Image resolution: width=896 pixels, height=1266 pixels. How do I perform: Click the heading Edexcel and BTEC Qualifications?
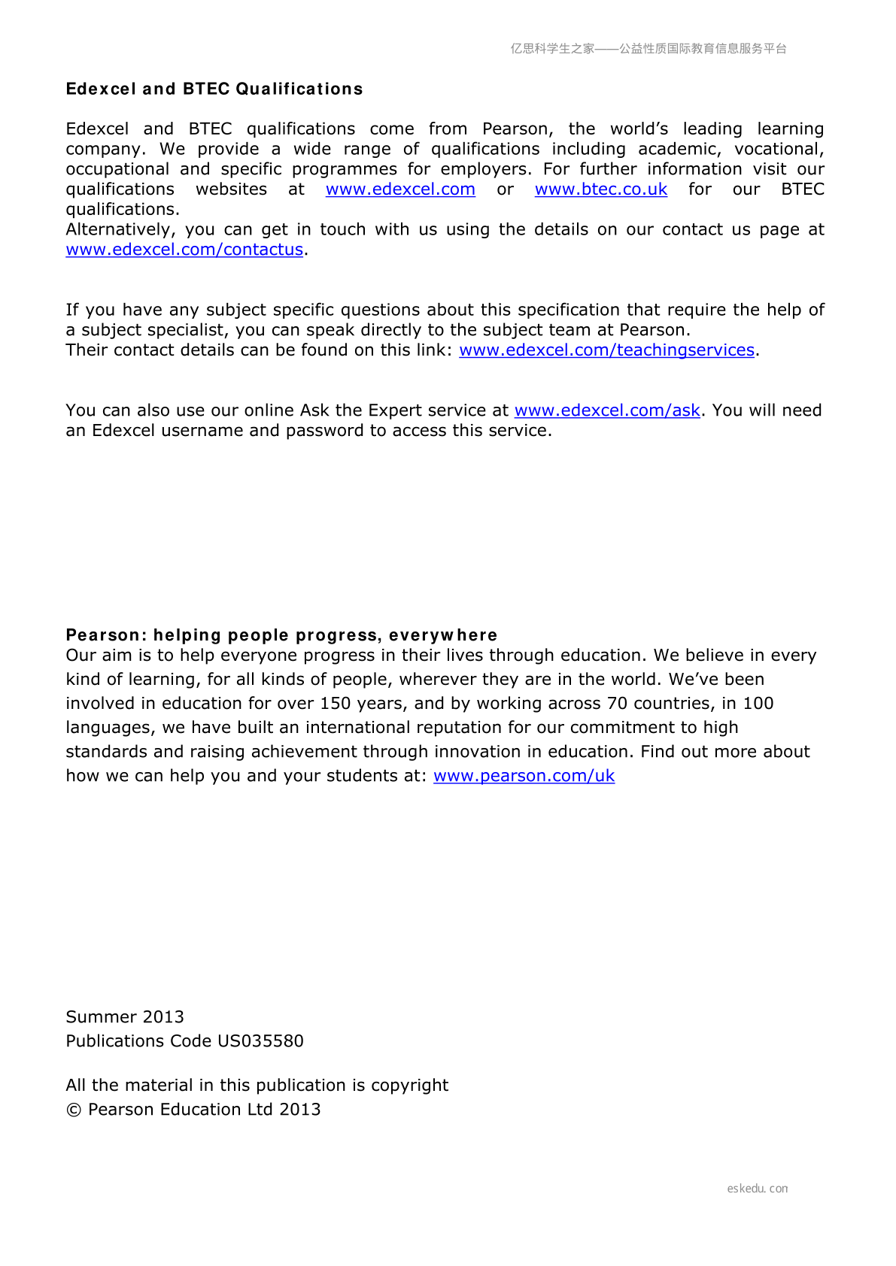click(214, 89)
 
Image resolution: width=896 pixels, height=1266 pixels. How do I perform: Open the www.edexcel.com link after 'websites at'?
click(400, 189)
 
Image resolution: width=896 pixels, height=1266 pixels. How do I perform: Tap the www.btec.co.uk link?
click(601, 189)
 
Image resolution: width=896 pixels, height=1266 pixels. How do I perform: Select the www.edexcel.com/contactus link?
click(184, 250)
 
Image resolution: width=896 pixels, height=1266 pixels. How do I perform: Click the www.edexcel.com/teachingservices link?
click(606, 350)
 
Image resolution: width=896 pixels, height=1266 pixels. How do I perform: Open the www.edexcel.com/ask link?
click(607, 410)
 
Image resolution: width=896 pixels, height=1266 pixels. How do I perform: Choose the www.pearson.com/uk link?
click(524, 776)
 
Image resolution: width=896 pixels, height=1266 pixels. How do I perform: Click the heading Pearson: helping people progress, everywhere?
click(281, 635)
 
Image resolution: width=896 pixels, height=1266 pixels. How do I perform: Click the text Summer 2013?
click(125, 1017)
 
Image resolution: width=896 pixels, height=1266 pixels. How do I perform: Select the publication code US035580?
click(260, 1041)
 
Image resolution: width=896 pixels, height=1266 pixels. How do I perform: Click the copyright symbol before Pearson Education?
click(74, 1110)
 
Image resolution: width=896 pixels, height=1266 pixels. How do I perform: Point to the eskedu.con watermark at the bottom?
click(758, 1189)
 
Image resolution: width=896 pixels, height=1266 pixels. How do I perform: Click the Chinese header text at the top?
click(648, 49)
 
